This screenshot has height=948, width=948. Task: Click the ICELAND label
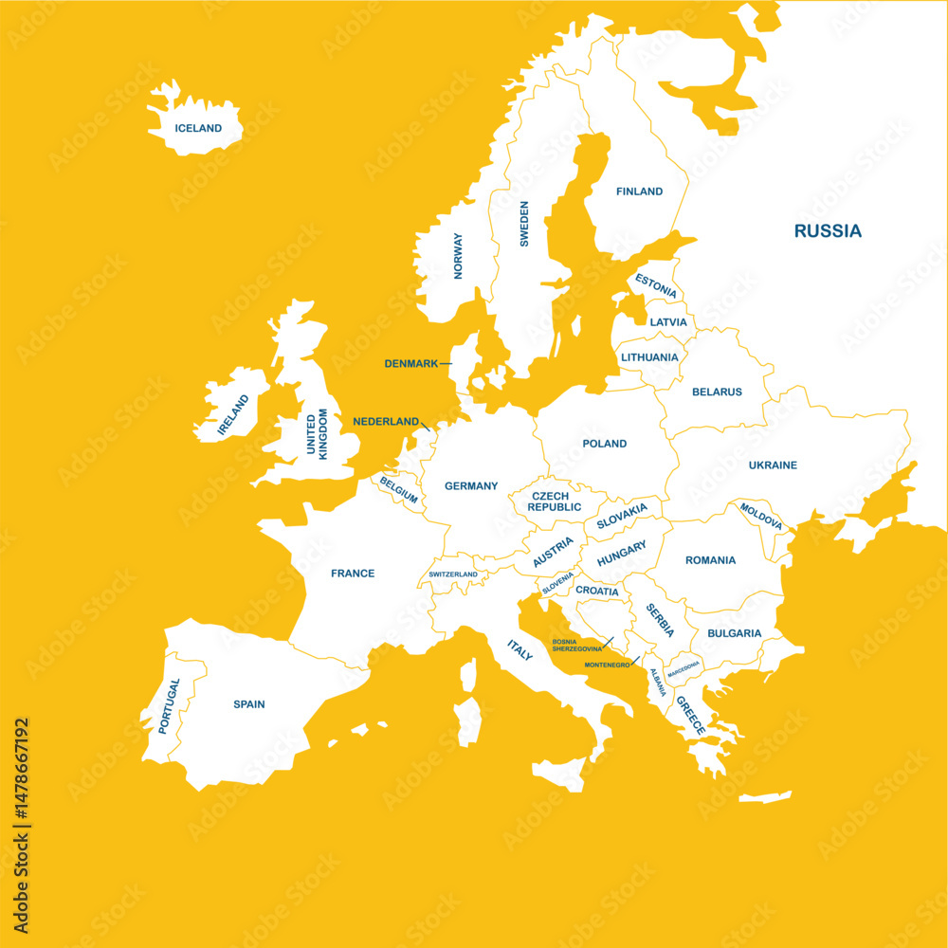[198, 128]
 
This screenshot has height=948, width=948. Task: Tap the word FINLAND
[640, 191]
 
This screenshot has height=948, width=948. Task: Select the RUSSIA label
[828, 230]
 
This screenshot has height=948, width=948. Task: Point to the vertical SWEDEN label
[524, 224]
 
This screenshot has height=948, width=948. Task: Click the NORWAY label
[458, 256]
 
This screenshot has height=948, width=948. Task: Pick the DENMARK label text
[410, 363]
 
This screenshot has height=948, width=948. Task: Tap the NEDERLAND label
[386, 421]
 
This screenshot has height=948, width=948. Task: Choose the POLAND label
[605, 443]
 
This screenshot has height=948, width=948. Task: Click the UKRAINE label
[773, 465]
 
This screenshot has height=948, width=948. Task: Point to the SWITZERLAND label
[453, 574]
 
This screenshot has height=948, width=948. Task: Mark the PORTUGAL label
[170, 706]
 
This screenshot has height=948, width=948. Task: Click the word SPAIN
[249, 704]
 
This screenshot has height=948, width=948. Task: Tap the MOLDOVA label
[761, 516]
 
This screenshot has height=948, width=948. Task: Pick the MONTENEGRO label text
[608, 665]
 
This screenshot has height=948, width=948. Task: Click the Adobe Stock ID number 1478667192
[22, 825]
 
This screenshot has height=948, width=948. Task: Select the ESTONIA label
[656, 282]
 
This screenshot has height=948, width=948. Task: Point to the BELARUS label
[717, 392]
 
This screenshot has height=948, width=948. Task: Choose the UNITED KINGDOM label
[317, 434]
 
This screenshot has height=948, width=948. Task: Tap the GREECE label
[690, 716]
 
